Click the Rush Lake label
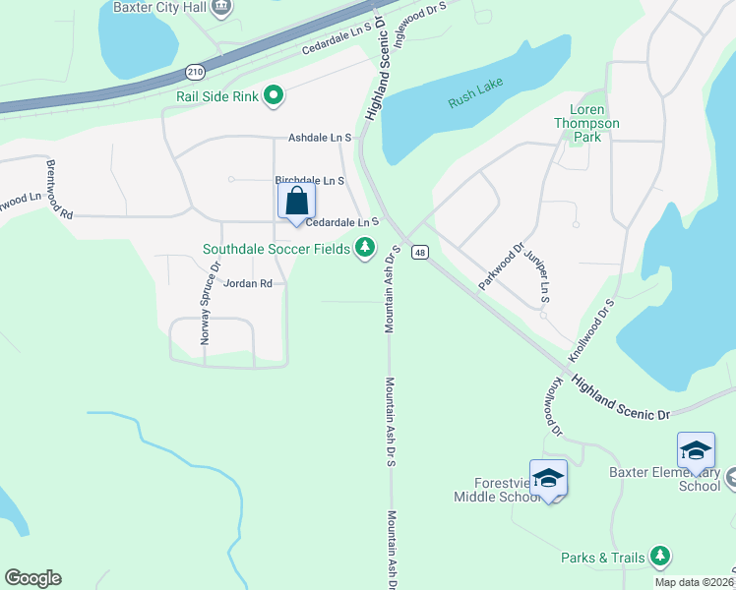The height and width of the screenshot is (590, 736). pos(475,101)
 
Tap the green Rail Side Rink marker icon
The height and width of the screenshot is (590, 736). pos(275,95)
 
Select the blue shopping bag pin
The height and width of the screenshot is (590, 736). pos(296,203)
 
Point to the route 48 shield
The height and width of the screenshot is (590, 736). pos(419,253)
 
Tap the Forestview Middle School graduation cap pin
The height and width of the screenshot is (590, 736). pos(548,478)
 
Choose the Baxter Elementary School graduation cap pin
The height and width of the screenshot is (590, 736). pos(696,450)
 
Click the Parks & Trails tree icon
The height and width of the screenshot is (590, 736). pos(660,558)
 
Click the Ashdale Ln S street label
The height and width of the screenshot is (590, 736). pos(320,139)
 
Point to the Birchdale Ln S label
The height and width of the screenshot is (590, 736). pos(309,181)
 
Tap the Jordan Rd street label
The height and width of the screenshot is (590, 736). pos(247,283)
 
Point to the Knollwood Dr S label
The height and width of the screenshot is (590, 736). pos(591,330)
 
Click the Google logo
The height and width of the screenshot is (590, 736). pos(32,578)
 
